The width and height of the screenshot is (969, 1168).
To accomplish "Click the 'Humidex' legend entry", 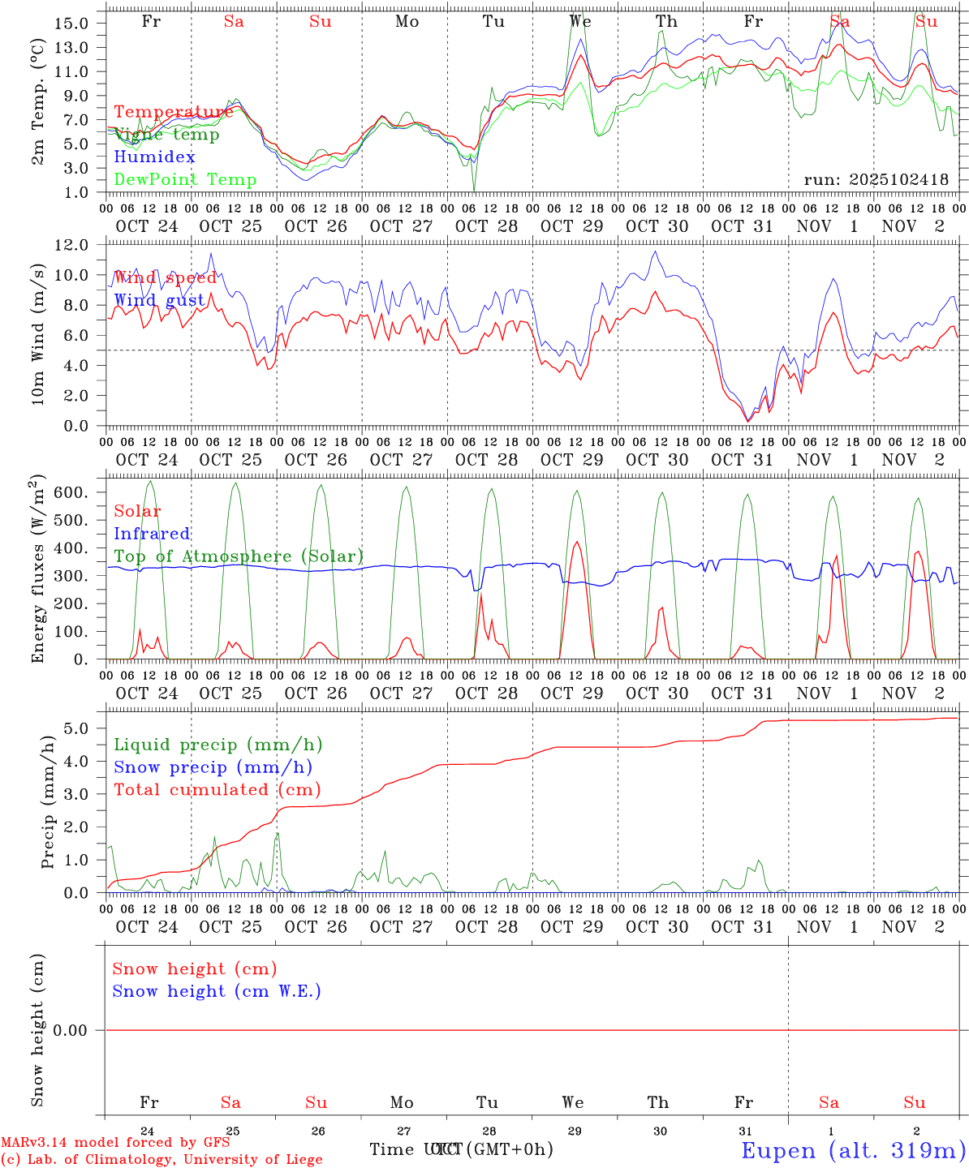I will (154, 157).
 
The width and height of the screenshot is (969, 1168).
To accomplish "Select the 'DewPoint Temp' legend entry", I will (185, 180).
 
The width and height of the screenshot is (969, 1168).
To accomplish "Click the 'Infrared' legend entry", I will (152, 534).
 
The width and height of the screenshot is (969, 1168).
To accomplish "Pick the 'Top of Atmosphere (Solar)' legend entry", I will (238, 556).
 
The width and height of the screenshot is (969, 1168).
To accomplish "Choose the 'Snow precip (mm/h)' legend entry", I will (213, 767).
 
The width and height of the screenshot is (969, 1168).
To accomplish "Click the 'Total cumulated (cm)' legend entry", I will (217, 790).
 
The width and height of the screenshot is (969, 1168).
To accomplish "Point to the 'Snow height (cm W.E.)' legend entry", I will (216, 991).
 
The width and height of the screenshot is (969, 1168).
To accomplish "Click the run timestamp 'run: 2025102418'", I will (876, 180).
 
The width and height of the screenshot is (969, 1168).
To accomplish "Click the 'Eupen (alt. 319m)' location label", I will (853, 1150).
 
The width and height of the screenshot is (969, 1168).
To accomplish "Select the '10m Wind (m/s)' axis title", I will (38, 335).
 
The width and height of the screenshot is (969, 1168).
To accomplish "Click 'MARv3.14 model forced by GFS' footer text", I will (115, 1142).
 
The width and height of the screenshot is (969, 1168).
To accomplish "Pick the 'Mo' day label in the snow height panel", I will (402, 1102).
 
